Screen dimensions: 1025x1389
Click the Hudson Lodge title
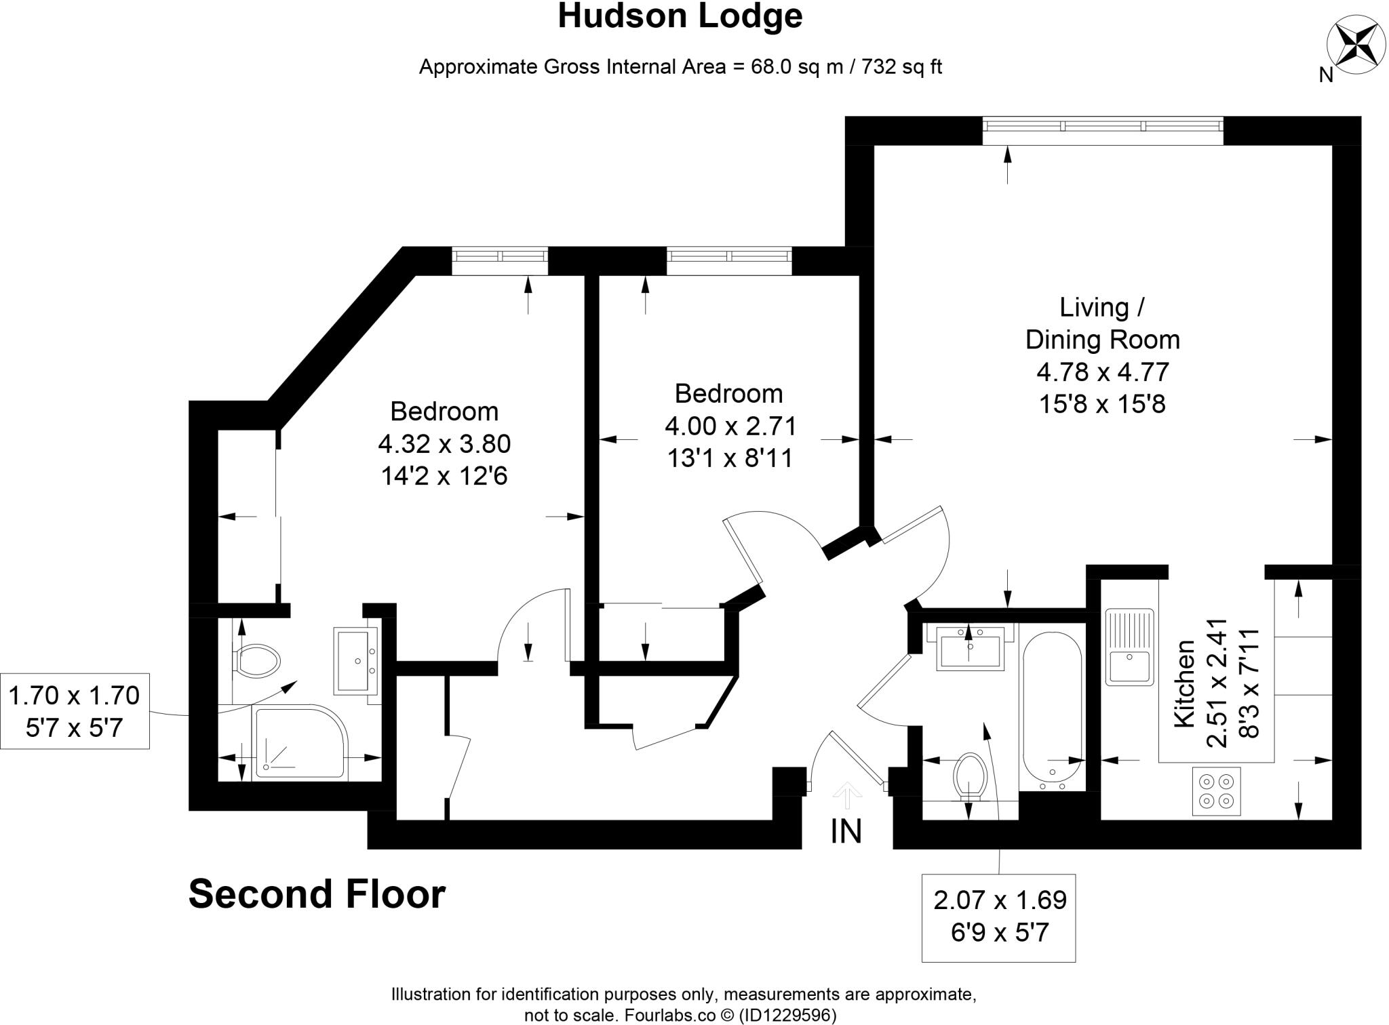pos(680,16)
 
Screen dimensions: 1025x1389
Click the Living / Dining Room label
pos(1102,323)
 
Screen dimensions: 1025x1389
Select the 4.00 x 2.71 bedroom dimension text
pos(730,426)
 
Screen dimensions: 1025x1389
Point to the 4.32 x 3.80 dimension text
pos(444,444)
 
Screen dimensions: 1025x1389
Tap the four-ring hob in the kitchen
pos(1216,791)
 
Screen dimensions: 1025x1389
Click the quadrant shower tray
pos(298,742)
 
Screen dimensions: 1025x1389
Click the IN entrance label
pos(846,831)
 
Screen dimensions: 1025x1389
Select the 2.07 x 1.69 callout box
pos(998,917)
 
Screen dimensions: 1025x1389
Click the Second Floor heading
pos(317,893)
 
